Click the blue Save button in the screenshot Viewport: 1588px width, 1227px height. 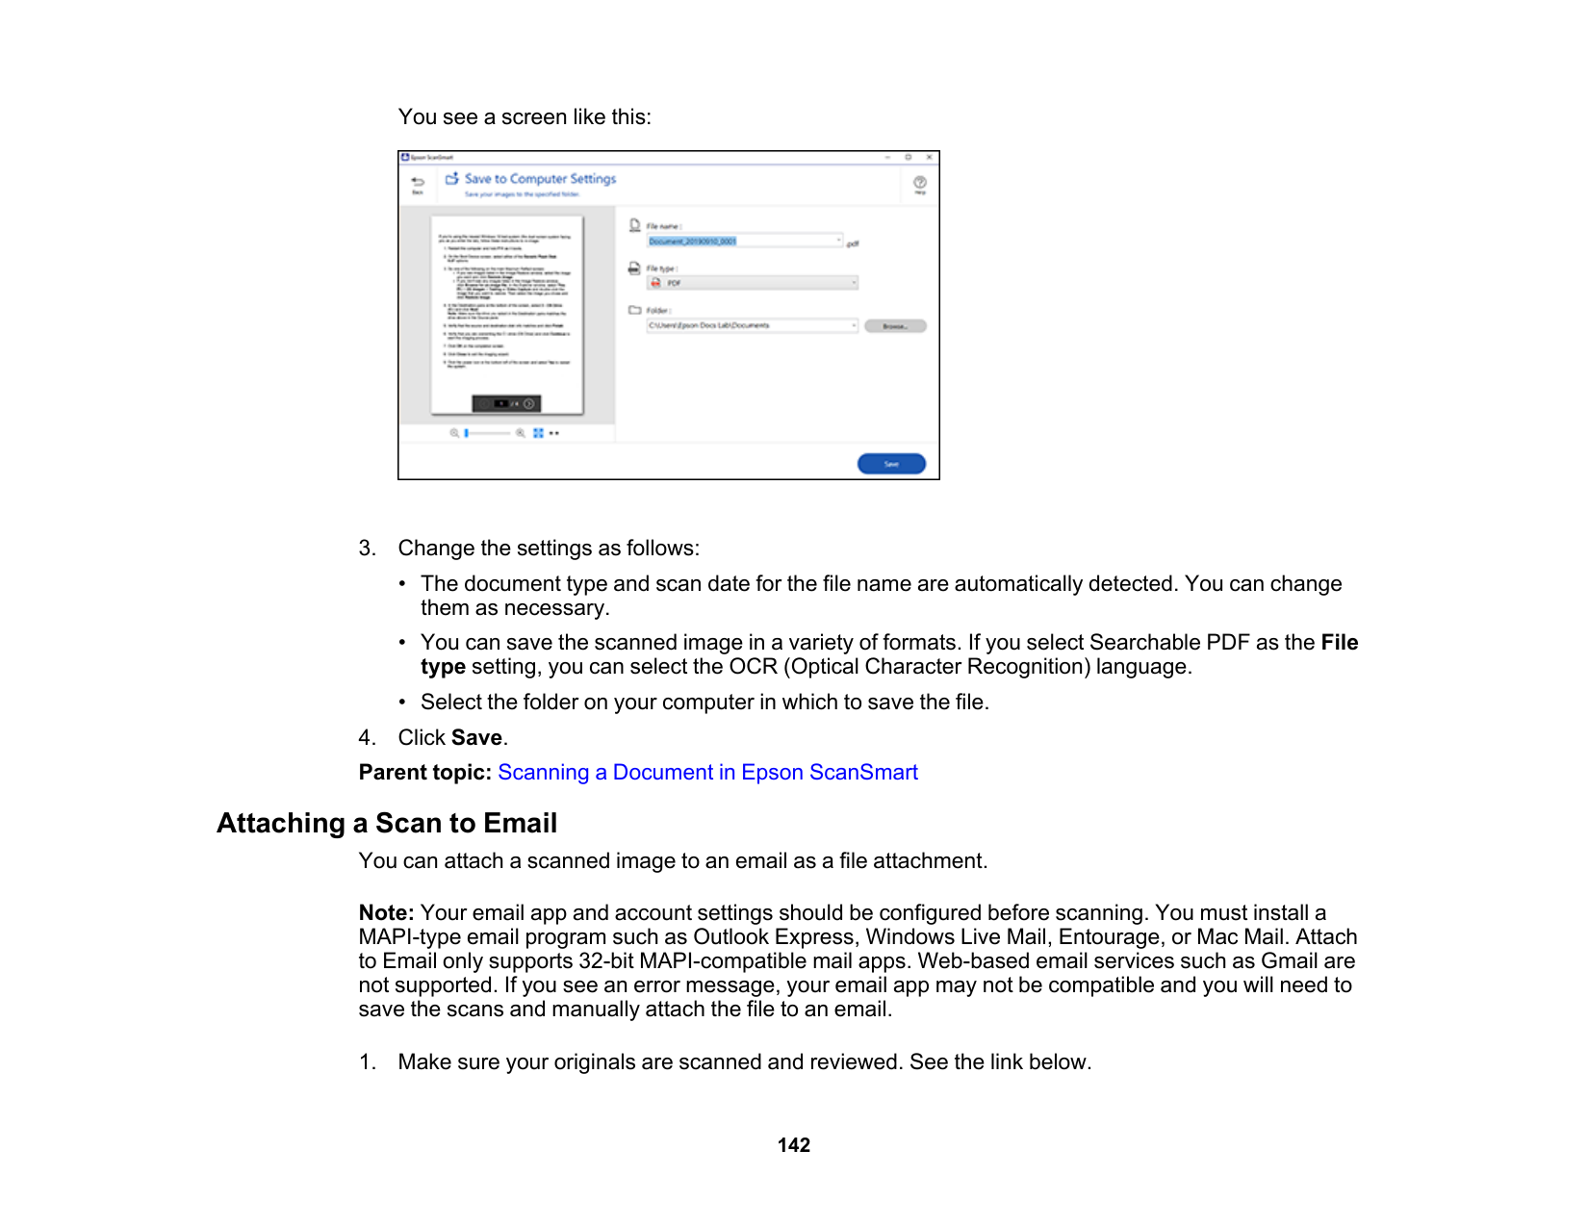point(891,464)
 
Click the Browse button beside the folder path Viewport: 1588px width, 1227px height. point(895,326)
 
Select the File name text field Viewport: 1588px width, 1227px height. point(744,242)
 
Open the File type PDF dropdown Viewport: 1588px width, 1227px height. point(752,283)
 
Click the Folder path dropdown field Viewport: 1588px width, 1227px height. point(752,326)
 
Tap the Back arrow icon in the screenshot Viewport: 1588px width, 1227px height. point(418,183)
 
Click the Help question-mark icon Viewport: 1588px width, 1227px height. point(920,183)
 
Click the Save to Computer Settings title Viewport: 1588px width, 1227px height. point(540,179)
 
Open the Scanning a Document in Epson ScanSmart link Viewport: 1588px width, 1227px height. point(707,773)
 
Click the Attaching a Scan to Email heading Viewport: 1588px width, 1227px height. point(387,824)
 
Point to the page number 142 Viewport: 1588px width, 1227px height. point(794,1145)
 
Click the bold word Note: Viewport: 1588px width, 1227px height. point(386,913)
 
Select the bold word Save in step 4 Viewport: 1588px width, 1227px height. point(476,738)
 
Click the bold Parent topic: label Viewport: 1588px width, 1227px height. point(424,773)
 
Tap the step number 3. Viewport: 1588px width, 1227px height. point(367,549)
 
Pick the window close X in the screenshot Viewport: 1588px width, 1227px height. point(929,157)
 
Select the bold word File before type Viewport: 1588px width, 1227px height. point(1339,643)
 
